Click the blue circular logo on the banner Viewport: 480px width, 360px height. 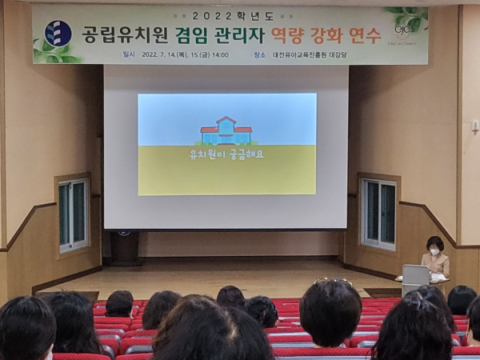[x=58, y=34]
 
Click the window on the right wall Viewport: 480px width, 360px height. [x=378, y=214]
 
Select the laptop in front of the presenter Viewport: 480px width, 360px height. [x=415, y=274]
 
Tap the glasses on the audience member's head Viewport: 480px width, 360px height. [x=333, y=281]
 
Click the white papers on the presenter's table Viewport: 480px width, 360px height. [x=438, y=277]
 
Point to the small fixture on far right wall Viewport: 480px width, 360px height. [x=474, y=126]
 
